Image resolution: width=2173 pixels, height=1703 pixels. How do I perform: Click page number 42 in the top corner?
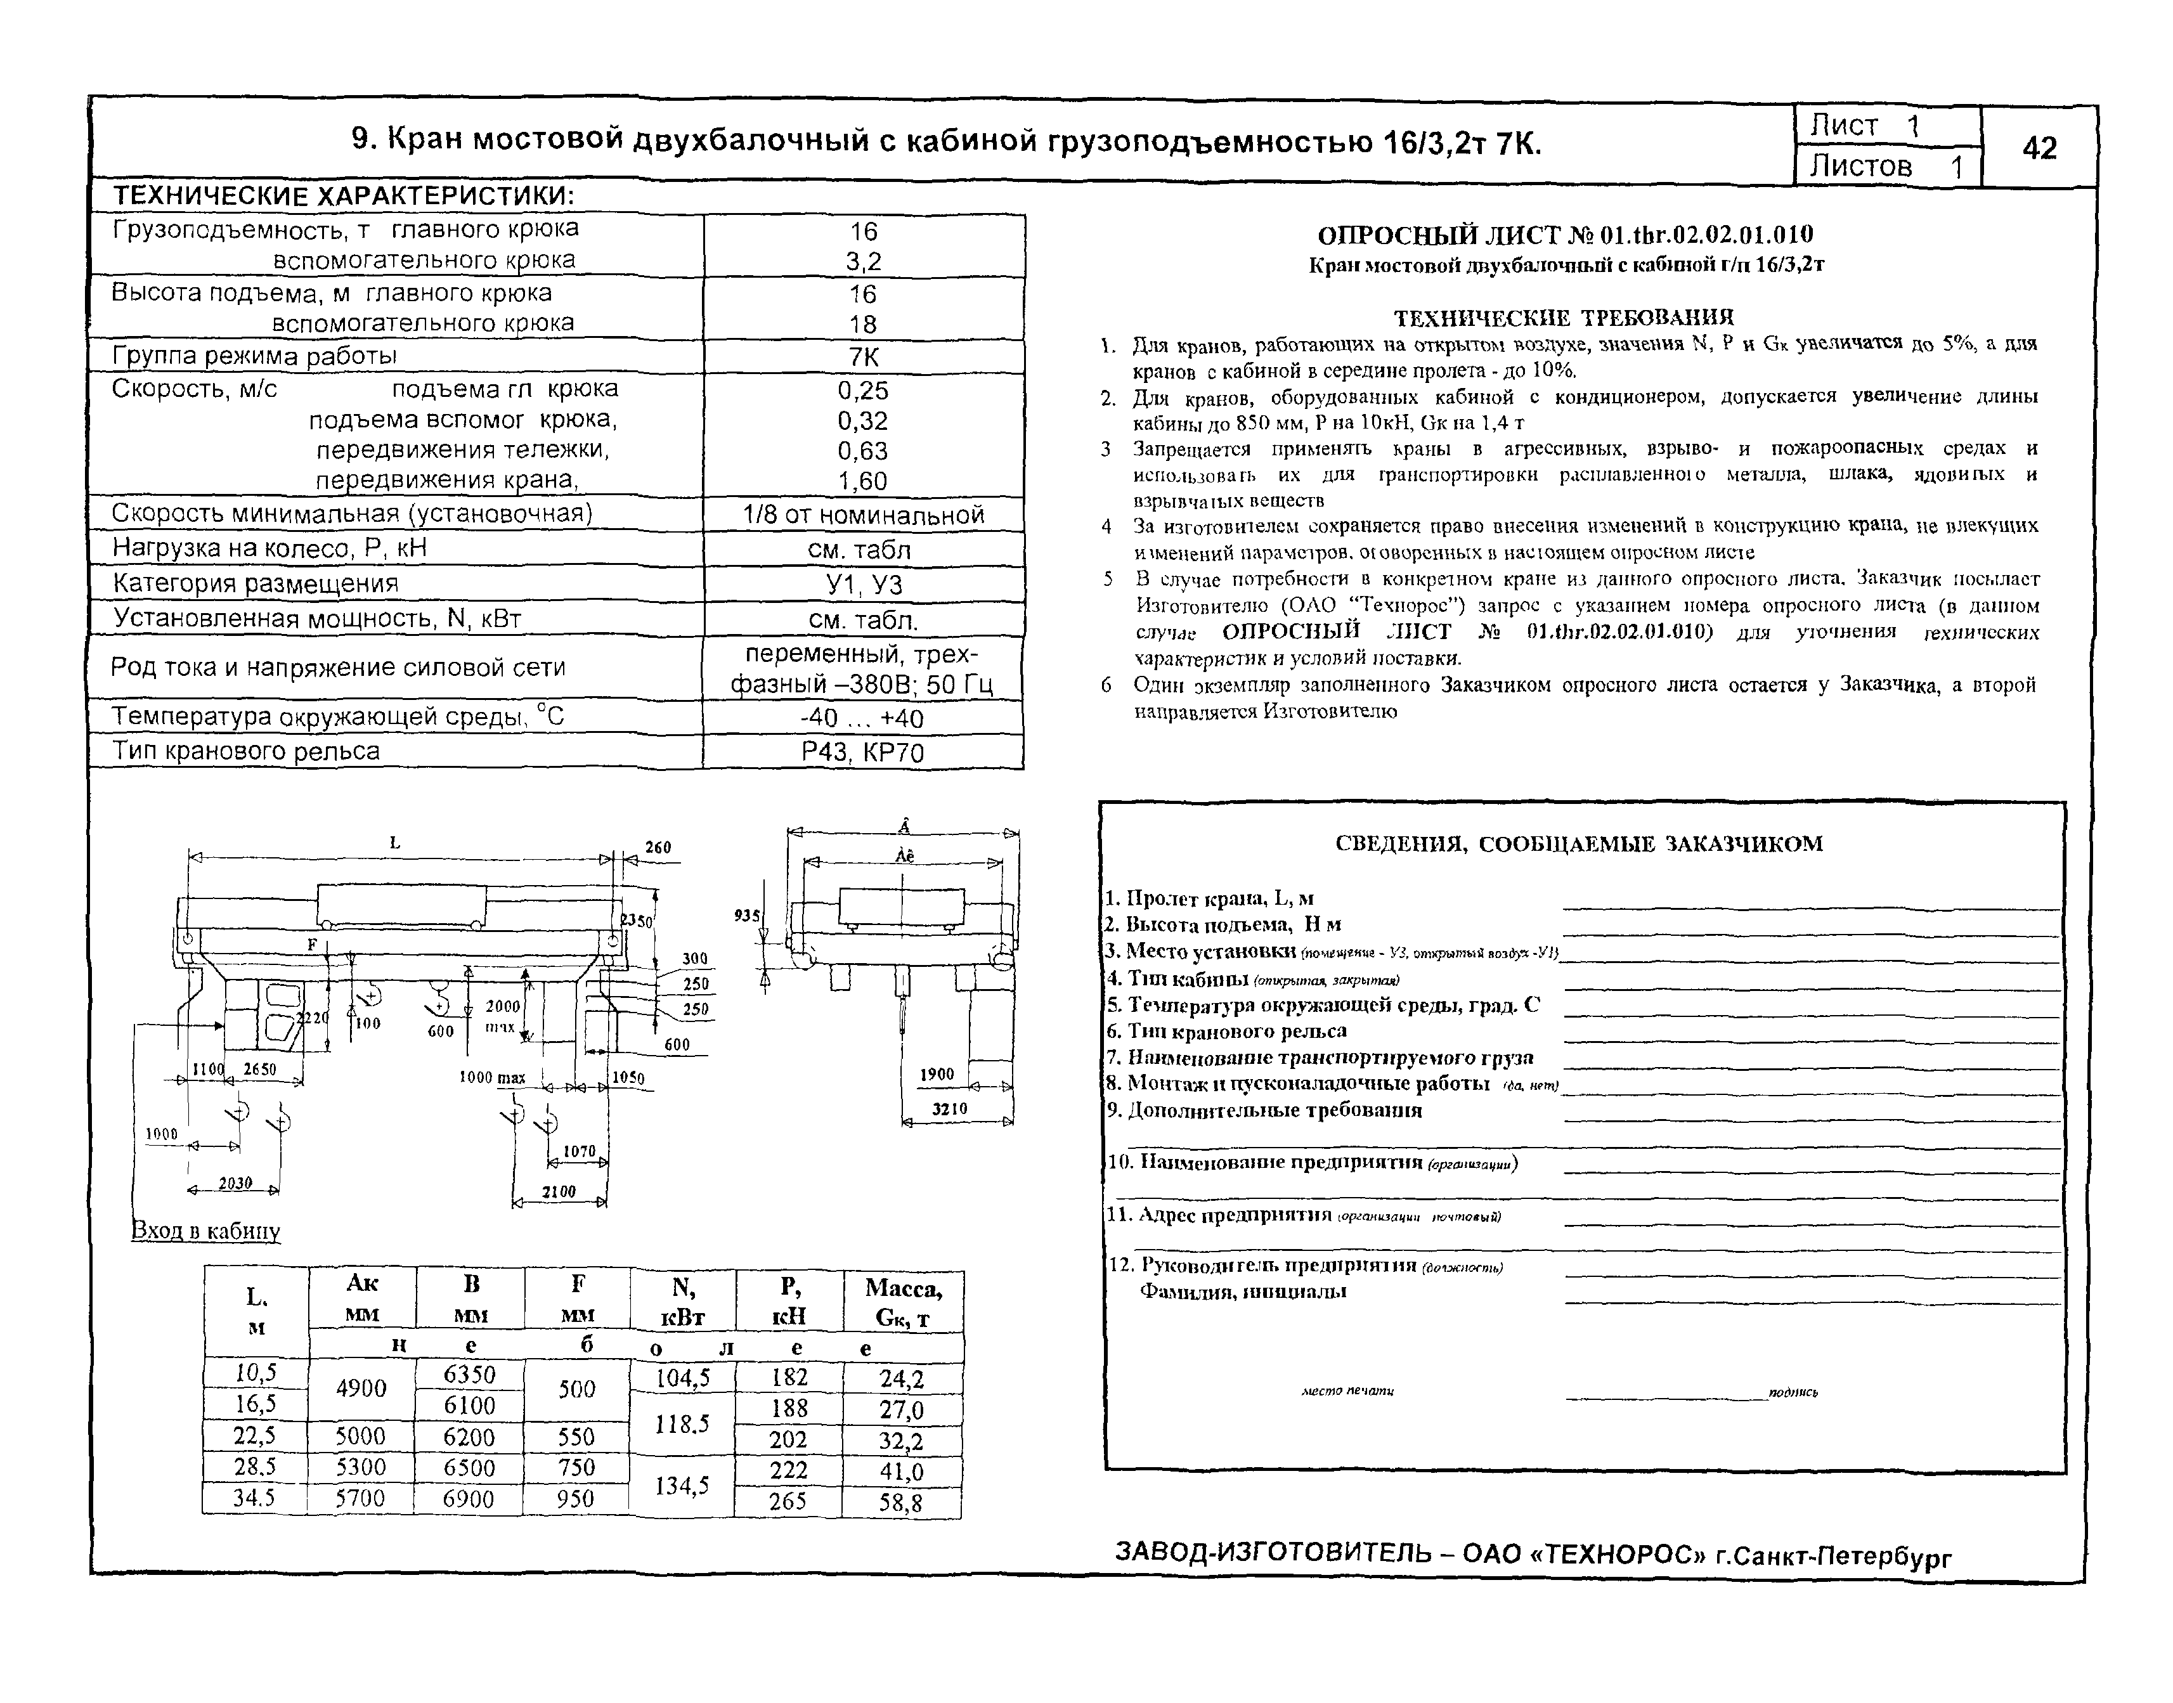pyautogui.click(x=2039, y=148)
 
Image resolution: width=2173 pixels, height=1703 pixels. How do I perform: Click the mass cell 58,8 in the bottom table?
pyautogui.click(x=900, y=1501)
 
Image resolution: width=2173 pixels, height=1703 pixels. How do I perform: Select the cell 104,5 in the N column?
pyautogui.click(x=682, y=1378)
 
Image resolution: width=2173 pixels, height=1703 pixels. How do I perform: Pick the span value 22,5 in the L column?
pyautogui.click(x=254, y=1436)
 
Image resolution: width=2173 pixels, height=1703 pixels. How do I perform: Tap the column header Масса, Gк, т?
pyautogui.click(x=902, y=1302)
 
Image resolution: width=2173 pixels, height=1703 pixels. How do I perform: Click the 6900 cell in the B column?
pyautogui.click(x=469, y=1499)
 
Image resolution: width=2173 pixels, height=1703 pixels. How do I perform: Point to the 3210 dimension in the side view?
pyautogui.click(x=949, y=1108)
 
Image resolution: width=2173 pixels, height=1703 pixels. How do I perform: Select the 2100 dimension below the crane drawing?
pyautogui.click(x=559, y=1191)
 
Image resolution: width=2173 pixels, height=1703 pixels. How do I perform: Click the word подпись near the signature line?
pyautogui.click(x=1793, y=1392)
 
